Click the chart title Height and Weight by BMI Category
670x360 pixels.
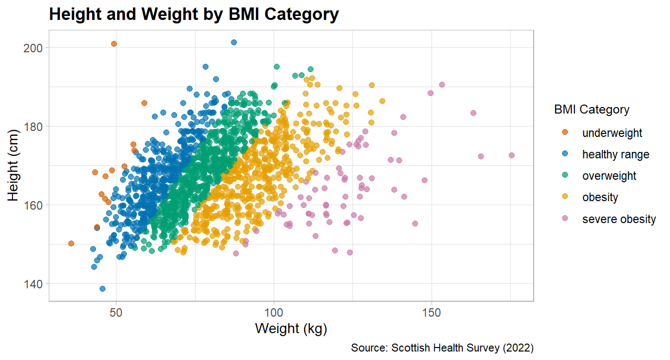coord(194,14)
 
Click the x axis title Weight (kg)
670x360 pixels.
coord(291,329)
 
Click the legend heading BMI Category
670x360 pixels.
coord(591,110)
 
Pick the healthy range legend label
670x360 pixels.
coord(615,154)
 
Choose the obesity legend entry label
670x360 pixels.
coord(600,197)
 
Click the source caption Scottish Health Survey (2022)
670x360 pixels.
coord(442,348)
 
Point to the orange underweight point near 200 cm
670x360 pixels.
coord(113,44)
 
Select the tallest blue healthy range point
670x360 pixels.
coord(234,42)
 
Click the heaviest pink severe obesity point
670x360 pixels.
coord(512,155)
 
